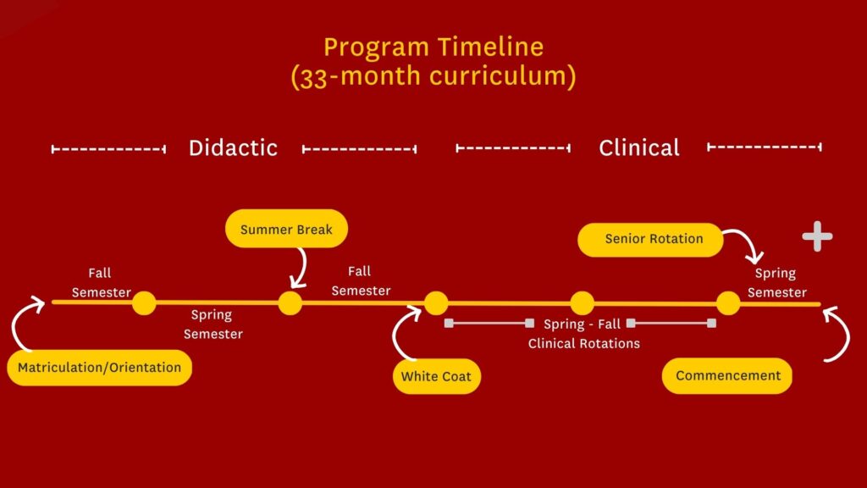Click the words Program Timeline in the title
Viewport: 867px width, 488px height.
433,46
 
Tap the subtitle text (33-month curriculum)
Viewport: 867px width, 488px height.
433,76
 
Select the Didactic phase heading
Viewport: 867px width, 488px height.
233,147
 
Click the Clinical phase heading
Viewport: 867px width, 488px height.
639,147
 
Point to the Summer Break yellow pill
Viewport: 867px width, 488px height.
286,230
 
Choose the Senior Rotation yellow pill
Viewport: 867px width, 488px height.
650,239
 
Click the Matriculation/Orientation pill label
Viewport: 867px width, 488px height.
99,368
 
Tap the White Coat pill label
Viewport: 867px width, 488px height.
436,376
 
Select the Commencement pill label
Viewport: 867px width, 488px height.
727,375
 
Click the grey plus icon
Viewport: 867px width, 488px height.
817,237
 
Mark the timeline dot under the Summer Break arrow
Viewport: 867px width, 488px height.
290,302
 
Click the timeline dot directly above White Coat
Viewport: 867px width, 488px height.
436,302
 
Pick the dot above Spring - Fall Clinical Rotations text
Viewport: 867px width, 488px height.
582,302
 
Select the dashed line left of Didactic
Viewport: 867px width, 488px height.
108,149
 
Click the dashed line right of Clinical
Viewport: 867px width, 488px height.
764,147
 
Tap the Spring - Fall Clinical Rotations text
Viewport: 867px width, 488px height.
583,334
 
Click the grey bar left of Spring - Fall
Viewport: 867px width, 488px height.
489,323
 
